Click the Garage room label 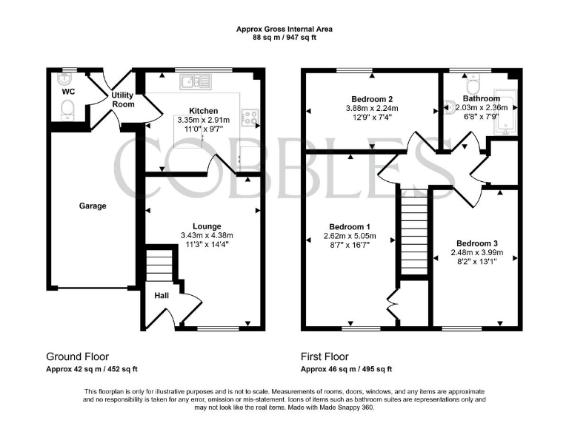point(93,206)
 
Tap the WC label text point(68,92)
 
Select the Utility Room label point(123,100)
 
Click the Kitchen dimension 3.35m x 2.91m point(203,120)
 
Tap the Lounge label point(202,226)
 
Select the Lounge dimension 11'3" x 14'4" point(202,246)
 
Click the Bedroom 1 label point(350,226)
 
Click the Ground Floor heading point(77,356)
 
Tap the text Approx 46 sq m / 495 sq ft point(346,369)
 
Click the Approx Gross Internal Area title point(284,29)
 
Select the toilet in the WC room point(67,111)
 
